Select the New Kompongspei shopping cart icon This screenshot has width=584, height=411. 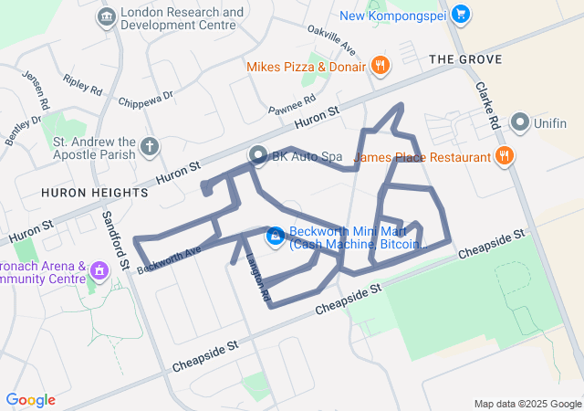461,15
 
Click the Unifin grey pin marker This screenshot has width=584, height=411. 521,121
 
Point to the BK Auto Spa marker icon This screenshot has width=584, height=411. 257,156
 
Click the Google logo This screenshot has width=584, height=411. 30,400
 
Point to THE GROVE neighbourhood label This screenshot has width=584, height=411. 465,59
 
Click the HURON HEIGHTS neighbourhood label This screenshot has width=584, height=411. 94,193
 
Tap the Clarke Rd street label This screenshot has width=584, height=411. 488,106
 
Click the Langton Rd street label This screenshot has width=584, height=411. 257,277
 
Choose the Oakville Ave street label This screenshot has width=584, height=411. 333,39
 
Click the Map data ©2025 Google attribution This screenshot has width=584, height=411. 527,404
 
